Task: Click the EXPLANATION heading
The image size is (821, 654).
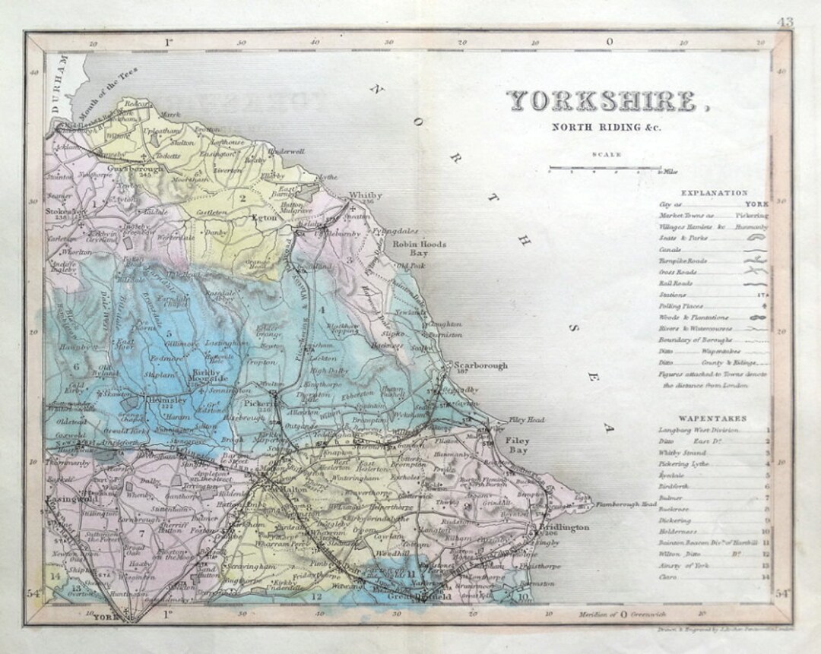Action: pyautogui.click(x=715, y=193)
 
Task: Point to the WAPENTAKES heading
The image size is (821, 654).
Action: pyautogui.click(x=712, y=419)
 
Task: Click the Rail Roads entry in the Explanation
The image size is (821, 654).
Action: pyautogui.click(x=676, y=283)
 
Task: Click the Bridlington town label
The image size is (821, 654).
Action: pyautogui.click(x=563, y=526)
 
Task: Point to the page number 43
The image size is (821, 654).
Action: pyautogui.click(x=785, y=22)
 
